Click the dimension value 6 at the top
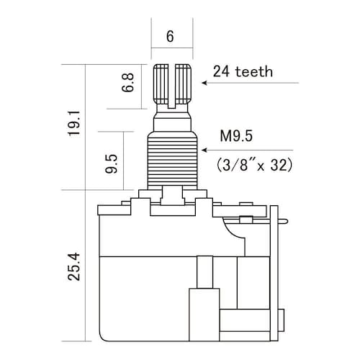pyautogui.click(x=170, y=36)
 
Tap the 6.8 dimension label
pyautogui.click(x=127, y=83)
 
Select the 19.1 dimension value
pyautogui.click(x=74, y=123)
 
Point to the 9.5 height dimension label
pyautogui.click(x=112, y=163)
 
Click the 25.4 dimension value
pyautogui.click(x=74, y=266)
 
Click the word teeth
pyautogui.click(x=254, y=71)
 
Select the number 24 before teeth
pyautogui.click(x=221, y=71)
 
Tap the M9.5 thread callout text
pyautogui.click(x=236, y=136)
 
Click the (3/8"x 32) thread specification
pyautogui.click(x=254, y=165)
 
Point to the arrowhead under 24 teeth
pyautogui.click(x=204, y=83)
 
